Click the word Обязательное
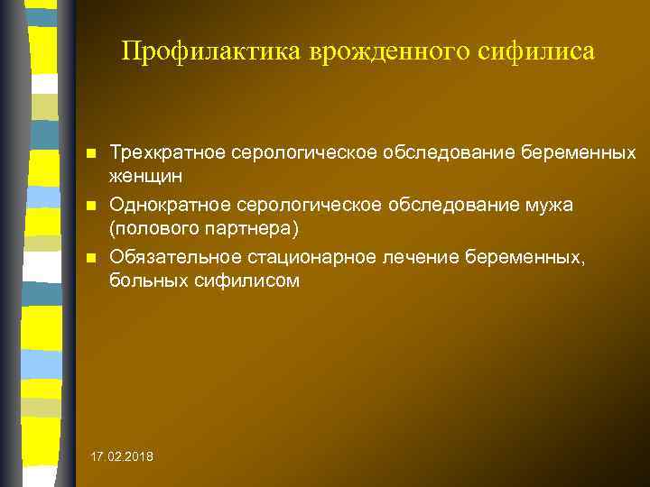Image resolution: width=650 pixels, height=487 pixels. point(172,258)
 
